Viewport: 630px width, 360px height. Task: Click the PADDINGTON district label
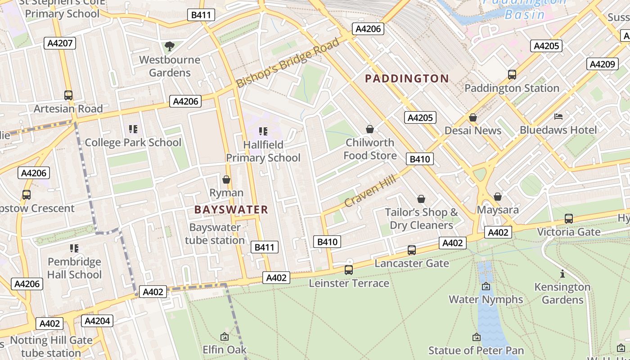tap(407, 79)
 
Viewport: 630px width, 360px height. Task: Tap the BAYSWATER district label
tap(231, 209)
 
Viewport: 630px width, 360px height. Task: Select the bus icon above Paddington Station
tap(512, 75)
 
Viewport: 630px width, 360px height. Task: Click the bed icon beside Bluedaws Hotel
tap(558, 117)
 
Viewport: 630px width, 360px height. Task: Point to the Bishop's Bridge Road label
tap(288, 63)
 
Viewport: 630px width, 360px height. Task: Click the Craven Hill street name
tap(370, 191)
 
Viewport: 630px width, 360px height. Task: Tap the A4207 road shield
tap(60, 43)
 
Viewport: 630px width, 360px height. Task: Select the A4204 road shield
tap(97, 321)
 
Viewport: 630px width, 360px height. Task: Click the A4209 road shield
tap(602, 64)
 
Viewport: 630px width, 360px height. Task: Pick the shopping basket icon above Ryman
tap(226, 180)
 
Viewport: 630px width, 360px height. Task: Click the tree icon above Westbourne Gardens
tap(169, 46)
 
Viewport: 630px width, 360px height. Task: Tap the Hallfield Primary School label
tap(263, 151)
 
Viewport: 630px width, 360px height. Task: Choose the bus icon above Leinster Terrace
tap(349, 270)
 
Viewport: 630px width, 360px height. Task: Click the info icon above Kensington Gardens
tap(562, 274)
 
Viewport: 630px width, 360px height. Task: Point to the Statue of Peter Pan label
tap(476, 350)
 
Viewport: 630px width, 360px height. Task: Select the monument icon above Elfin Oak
tap(224, 337)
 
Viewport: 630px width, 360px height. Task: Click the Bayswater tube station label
tap(215, 234)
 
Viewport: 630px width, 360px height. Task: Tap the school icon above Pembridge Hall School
tap(74, 248)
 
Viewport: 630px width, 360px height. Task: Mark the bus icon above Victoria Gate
tap(569, 219)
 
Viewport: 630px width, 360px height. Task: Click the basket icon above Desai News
tap(473, 117)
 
